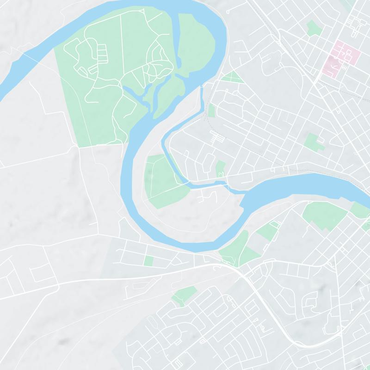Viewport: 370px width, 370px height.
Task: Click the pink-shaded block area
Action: click(x=343, y=55)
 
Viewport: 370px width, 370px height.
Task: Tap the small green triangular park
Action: click(x=232, y=77)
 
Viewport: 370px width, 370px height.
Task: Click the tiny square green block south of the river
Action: click(x=148, y=261)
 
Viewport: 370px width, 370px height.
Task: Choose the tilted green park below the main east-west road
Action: click(x=184, y=295)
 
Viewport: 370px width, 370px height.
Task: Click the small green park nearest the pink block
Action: click(x=314, y=29)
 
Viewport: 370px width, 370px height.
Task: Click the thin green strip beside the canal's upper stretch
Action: click(x=211, y=110)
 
